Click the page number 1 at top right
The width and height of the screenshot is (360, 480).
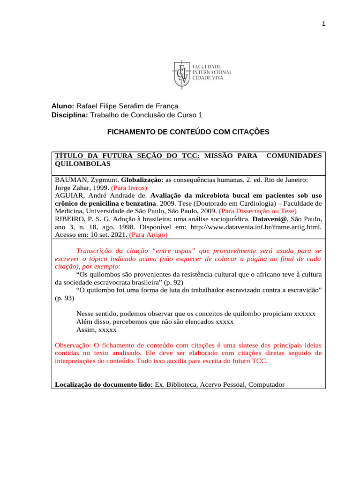pos(323,25)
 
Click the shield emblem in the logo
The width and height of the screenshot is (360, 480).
pos(182,74)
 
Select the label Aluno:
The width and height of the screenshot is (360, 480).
pos(63,106)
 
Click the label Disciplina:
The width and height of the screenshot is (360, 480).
pos(69,115)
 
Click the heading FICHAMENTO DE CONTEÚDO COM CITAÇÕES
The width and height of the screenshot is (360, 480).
pos(188,132)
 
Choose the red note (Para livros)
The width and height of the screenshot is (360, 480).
pos(129,187)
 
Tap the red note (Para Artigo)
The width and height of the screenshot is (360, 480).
pos(148,234)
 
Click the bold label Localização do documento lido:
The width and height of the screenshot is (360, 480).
pos(104,384)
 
